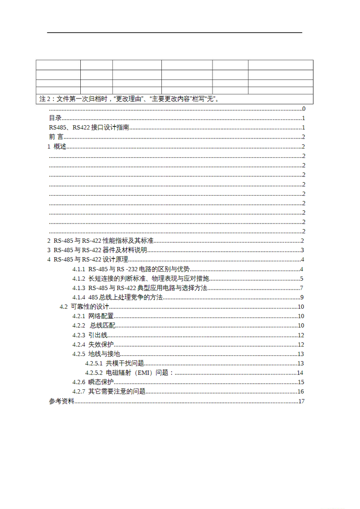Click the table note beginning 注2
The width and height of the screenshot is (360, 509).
tap(129, 99)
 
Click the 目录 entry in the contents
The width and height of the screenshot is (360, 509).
tap(55, 118)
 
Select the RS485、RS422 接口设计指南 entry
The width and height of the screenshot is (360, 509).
tap(89, 128)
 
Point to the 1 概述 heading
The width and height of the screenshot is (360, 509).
tap(57, 147)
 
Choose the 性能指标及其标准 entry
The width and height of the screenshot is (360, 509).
tap(128, 241)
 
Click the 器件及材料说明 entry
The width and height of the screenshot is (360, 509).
tap(125, 250)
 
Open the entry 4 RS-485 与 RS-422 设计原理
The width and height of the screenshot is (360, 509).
tap(88, 259)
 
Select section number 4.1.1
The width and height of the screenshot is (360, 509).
tap(79, 269)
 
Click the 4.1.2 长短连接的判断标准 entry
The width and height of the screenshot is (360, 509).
tap(141, 279)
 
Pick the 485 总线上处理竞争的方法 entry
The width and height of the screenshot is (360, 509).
tap(125, 297)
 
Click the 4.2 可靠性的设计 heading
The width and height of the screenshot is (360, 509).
tap(84, 307)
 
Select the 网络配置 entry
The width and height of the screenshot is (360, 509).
tap(101, 316)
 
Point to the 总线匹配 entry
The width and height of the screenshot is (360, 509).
tap(102, 326)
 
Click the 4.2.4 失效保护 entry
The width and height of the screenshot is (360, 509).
tap(93, 345)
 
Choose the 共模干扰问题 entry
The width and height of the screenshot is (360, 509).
tap(125, 363)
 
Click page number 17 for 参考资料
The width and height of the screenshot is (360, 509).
tap(301, 401)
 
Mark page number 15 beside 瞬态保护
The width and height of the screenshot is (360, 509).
tap(301, 382)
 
